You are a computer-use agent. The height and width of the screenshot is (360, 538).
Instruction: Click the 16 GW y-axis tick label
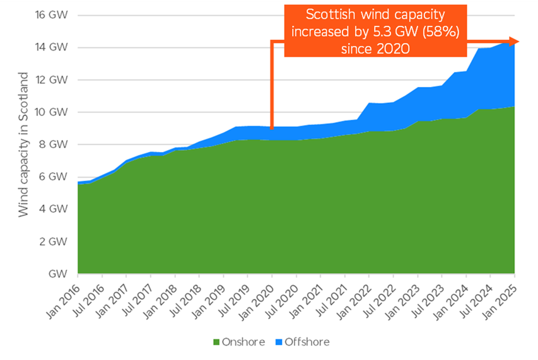[x=50, y=15]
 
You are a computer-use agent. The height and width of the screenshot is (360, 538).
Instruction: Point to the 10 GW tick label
[x=50, y=112]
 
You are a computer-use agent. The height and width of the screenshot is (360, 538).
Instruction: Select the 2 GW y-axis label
[x=54, y=241]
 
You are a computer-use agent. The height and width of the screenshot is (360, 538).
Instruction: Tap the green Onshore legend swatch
[x=216, y=342]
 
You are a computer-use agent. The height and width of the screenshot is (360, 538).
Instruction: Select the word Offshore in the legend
[x=307, y=342]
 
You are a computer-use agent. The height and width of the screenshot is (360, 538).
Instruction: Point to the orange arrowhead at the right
[x=515, y=42]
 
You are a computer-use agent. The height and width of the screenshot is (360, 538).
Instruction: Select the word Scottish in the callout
[x=332, y=15]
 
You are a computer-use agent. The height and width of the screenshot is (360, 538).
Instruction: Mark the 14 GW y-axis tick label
[x=50, y=47]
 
